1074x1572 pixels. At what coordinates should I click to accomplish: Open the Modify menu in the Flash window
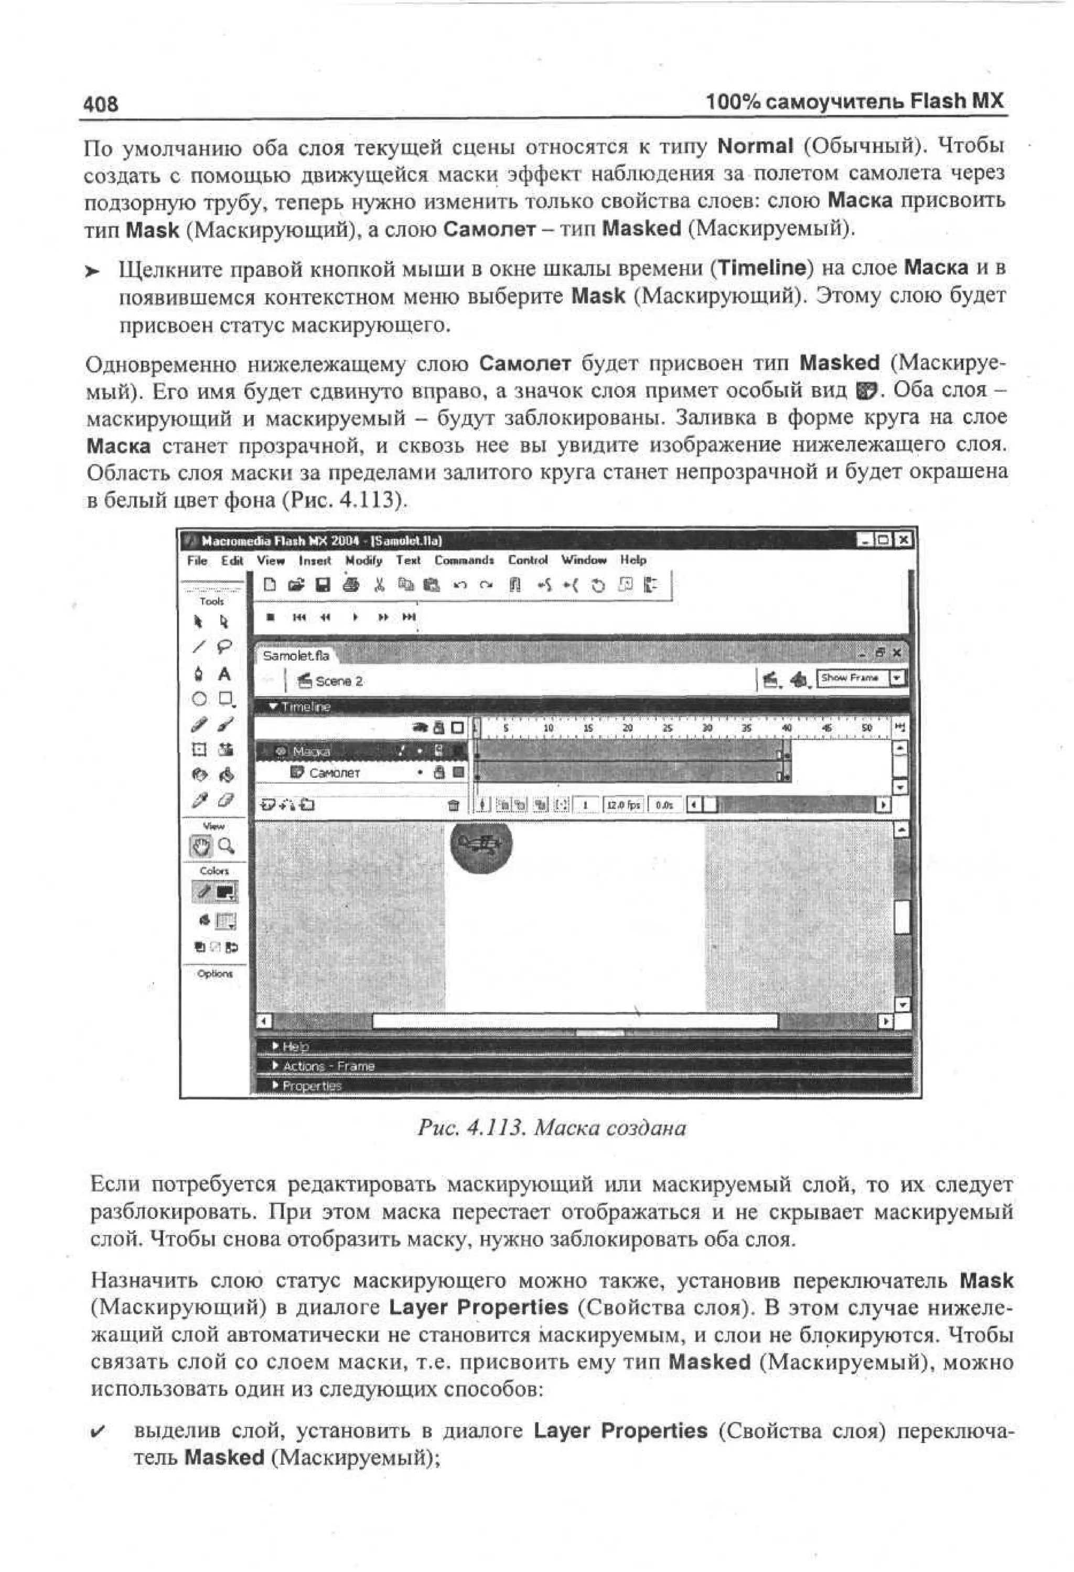pos(363,560)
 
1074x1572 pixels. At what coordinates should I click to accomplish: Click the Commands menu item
pos(464,560)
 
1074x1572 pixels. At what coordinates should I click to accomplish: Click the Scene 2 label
pos(338,681)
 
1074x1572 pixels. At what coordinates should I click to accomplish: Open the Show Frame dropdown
pos(897,678)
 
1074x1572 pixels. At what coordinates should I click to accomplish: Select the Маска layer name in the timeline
pos(311,751)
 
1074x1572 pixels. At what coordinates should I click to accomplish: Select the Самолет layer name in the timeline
pos(334,773)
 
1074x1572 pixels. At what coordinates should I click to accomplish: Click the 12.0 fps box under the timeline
pos(623,805)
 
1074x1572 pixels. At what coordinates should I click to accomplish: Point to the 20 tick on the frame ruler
pos(627,729)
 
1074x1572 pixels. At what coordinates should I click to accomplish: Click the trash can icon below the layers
pos(454,805)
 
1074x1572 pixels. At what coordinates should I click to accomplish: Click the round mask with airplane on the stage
pos(481,843)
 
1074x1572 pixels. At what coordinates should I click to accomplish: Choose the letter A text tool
pos(224,675)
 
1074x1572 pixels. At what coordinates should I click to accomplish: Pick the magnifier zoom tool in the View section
pos(227,846)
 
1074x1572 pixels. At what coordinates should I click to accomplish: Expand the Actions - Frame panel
pos(328,1066)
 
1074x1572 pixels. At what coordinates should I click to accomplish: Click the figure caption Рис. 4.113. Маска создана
pos(551,1128)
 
